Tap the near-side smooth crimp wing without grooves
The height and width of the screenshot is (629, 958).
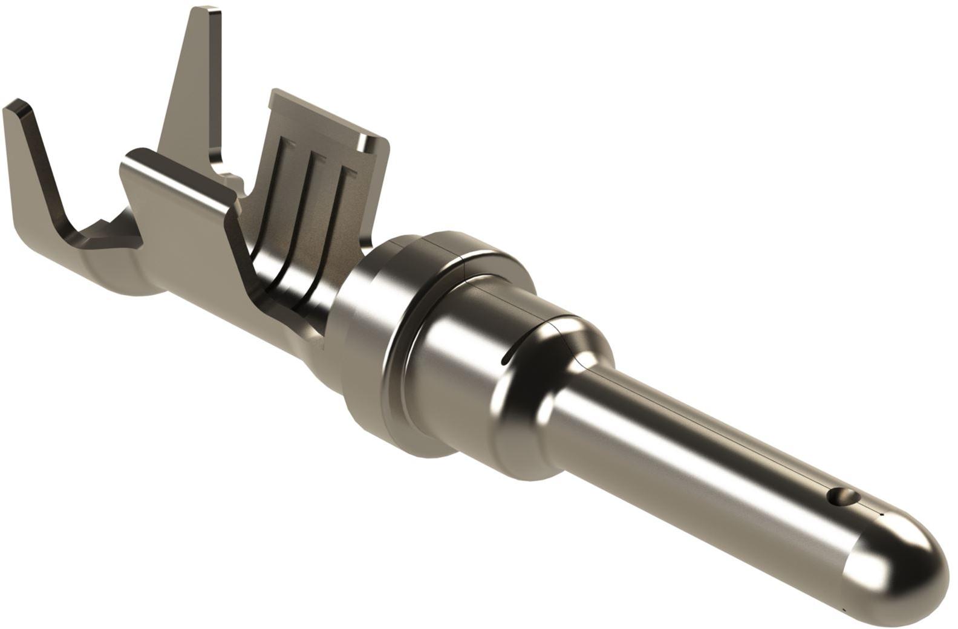pos(181,200)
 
